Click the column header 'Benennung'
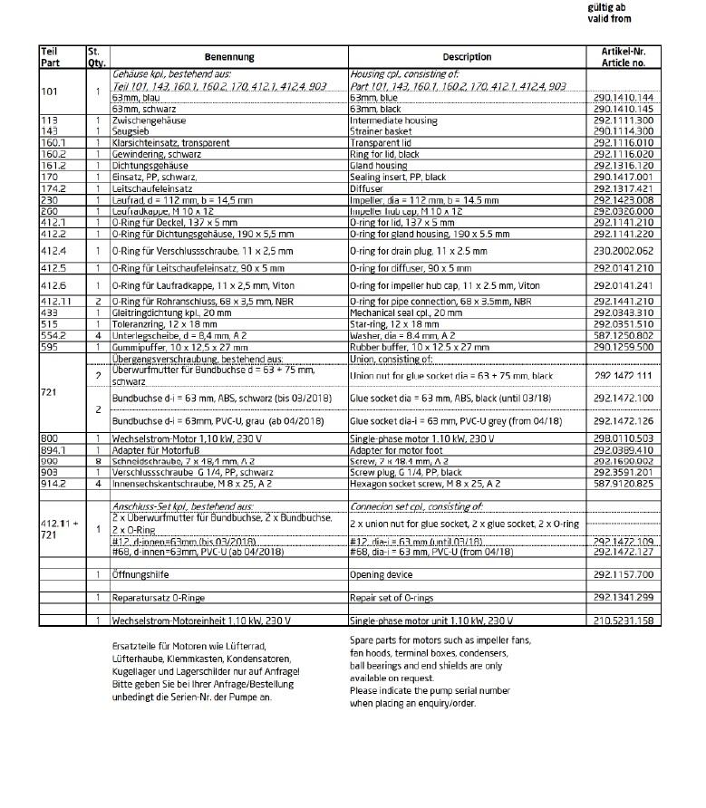click(228, 57)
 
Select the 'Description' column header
click(467, 57)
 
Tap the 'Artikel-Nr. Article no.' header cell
click(624, 57)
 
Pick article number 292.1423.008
click(624, 199)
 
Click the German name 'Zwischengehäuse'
click(149, 120)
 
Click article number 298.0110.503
click(624, 438)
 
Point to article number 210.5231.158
click(624, 620)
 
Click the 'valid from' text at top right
click(609, 19)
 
